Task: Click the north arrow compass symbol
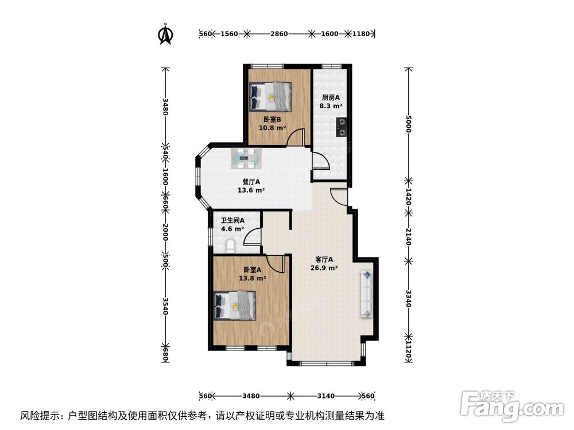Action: click(166, 34)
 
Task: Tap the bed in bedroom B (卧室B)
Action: click(271, 96)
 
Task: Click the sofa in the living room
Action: click(366, 294)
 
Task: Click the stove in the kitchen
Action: click(342, 127)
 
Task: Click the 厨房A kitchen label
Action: click(331, 97)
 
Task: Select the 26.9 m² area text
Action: click(324, 267)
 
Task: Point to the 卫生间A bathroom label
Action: click(233, 220)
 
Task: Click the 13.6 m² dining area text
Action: click(251, 190)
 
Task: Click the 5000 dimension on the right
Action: click(408, 124)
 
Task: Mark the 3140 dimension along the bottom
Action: click(325, 396)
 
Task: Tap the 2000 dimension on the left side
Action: click(165, 232)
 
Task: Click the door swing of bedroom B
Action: click(295, 138)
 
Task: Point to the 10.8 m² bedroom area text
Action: click(272, 128)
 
